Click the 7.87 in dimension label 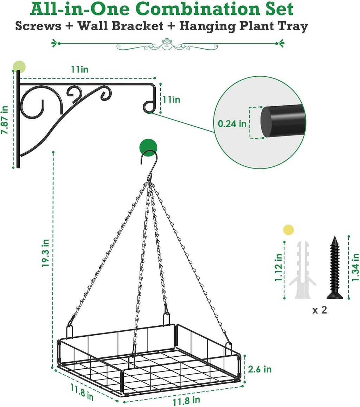(5, 120)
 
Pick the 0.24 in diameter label (232, 123)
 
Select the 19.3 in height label (45, 253)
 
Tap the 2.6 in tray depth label (260, 369)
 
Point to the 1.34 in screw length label (355, 267)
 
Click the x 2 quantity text (320, 310)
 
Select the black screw (334, 267)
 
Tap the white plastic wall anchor (302, 267)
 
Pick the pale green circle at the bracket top (19, 66)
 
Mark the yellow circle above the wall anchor (288, 230)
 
